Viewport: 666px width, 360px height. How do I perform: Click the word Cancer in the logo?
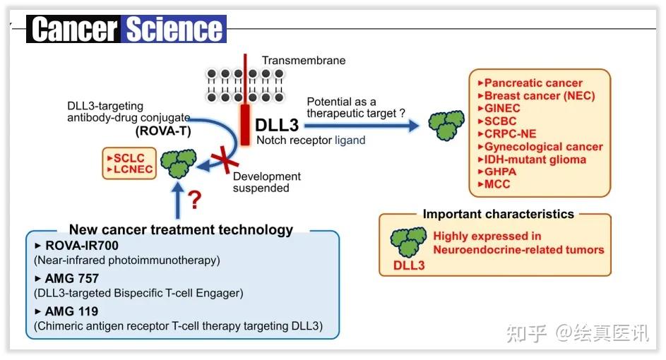(x=74, y=29)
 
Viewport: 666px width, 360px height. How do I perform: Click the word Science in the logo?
(x=174, y=29)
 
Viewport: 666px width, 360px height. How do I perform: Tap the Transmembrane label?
(x=303, y=60)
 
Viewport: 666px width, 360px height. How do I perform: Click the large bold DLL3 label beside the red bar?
(x=277, y=125)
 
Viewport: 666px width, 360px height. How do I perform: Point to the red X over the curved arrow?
(x=225, y=160)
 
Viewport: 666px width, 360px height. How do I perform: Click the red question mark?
(x=194, y=200)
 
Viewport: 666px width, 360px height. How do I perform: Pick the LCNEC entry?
(x=130, y=169)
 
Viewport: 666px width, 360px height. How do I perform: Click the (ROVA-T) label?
(x=163, y=131)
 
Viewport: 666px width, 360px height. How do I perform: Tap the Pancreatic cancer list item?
(x=530, y=83)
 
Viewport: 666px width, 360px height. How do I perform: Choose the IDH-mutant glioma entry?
(x=532, y=160)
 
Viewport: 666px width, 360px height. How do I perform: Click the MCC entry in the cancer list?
(x=494, y=184)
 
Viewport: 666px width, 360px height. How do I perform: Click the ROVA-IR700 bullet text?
(x=76, y=246)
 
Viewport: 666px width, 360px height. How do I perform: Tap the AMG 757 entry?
(x=66, y=279)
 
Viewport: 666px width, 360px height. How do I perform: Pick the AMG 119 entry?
(x=66, y=311)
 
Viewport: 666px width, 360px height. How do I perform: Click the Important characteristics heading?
(x=498, y=214)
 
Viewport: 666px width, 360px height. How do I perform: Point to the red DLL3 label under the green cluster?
(x=409, y=265)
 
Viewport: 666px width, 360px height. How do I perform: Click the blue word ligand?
(x=350, y=140)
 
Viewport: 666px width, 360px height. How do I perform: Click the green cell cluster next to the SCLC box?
(x=179, y=164)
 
